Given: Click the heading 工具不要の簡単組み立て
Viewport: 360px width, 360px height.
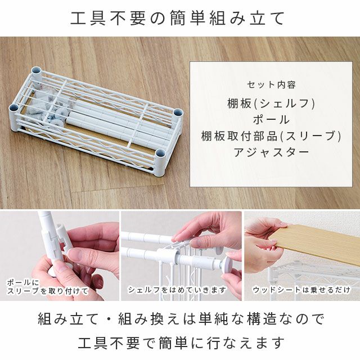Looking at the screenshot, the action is [x=177, y=18].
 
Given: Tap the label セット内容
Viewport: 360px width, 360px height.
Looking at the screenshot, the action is [x=271, y=85].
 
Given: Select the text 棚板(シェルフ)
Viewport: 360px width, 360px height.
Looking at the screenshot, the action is [x=271, y=103].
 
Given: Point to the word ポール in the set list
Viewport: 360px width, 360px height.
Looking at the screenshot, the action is [x=271, y=120].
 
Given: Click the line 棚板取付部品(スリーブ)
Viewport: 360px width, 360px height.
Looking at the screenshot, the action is [x=271, y=136].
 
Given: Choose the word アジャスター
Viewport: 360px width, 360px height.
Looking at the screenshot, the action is [x=271, y=152].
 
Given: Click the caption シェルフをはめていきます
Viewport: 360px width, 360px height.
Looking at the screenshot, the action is [x=177, y=290].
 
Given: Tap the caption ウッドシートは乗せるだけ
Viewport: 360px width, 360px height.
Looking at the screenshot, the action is [x=302, y=290].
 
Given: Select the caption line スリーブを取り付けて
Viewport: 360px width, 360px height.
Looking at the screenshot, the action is [x=47, y=291].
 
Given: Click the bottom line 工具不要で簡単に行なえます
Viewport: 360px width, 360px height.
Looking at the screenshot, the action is [x=181, y=343].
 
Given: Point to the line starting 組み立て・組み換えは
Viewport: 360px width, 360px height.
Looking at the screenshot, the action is [x=181, y=319].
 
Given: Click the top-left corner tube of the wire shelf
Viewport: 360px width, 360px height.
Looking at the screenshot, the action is [x=37, y=74].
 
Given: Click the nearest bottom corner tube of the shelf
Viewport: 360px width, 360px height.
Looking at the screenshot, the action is [x=160, y=162].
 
